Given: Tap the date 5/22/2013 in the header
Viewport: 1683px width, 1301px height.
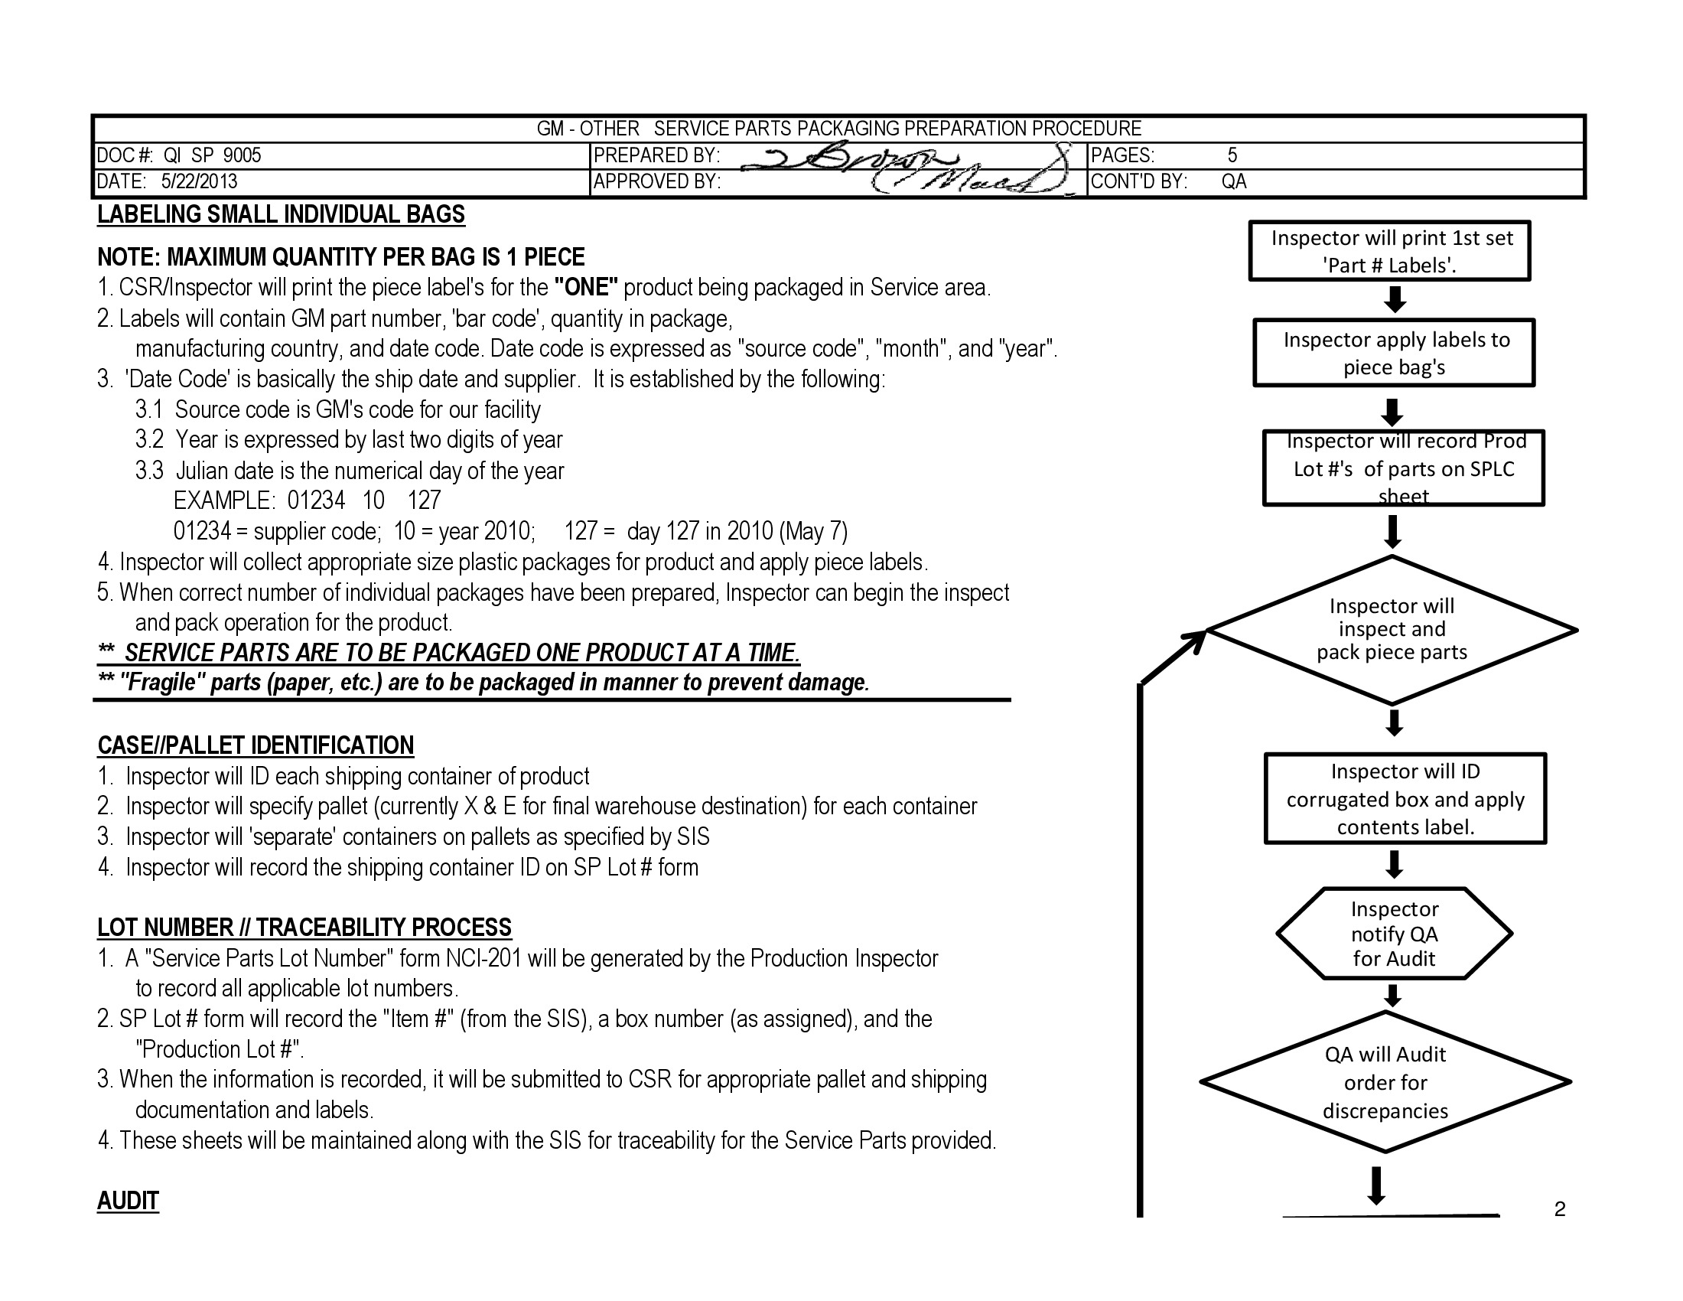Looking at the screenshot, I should click(199, 182).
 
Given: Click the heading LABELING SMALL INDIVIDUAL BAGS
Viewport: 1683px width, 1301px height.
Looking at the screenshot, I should click(282, 214).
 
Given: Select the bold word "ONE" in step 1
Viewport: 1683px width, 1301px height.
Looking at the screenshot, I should click(587, 288).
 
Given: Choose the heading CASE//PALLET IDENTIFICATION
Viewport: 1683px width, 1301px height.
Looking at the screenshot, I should click(256, 745).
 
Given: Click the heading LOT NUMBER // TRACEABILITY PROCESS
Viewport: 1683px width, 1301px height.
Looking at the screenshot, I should click(304, 928).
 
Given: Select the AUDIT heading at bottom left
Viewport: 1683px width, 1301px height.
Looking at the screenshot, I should click(128, 1201).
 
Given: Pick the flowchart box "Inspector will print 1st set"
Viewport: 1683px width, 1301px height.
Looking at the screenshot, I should click(1389, 251).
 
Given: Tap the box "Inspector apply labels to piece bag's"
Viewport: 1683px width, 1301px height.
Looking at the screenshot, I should click(1394, 353).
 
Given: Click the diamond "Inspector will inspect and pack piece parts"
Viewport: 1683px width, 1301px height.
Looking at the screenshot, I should click(1392, 630).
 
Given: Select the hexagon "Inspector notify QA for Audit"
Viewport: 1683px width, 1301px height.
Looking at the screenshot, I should click(1394, 934).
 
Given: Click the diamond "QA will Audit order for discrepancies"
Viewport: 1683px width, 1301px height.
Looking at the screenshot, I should click(1385, 1082).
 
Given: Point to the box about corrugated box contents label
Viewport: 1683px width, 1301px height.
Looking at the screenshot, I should click(1405, 799).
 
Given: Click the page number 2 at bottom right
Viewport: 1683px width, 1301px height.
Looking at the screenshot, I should click(1560, 1209).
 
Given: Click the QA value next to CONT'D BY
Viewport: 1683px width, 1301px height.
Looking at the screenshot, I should click(1234, 182).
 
